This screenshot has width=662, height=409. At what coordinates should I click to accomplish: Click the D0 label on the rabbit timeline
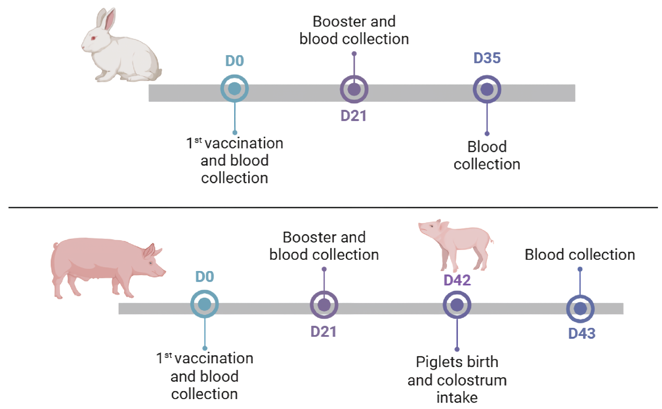234,61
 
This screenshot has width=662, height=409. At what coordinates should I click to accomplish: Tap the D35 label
487,58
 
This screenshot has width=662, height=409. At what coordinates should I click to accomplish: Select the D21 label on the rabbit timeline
353,116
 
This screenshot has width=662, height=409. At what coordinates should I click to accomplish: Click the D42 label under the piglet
457,280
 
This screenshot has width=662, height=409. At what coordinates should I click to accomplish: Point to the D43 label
581,333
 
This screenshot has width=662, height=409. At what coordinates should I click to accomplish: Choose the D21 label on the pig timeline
324,332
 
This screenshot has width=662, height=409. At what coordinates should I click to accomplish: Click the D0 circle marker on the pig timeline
204,304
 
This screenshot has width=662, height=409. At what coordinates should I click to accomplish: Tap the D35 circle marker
487,89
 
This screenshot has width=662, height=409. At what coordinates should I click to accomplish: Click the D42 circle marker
457,305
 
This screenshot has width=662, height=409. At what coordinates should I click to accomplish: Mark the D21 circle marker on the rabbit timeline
354,89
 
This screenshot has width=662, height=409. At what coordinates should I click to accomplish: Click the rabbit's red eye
93,38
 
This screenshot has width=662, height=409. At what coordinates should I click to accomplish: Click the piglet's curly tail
492,240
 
